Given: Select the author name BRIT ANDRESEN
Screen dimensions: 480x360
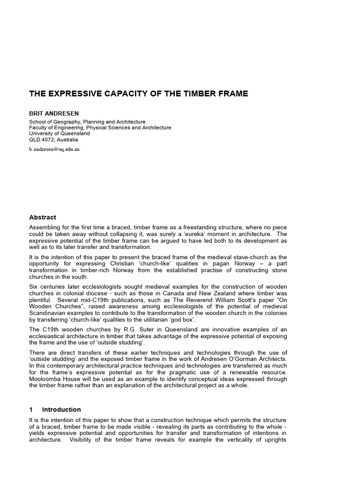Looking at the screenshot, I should (x=54, y=114).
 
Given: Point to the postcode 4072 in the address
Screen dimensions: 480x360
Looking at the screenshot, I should (x=48, y=140).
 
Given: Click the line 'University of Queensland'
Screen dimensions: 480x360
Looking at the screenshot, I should (x=59, y=134).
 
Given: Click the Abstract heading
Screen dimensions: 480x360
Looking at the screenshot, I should (x=43, y=217).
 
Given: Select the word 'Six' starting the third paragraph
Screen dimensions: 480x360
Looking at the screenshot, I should (x=34, y=287).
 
